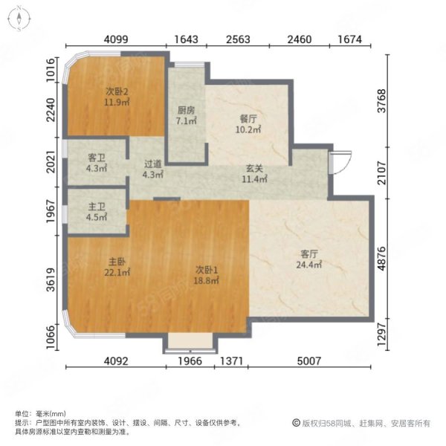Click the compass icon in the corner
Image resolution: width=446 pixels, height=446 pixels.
tap(19, 19)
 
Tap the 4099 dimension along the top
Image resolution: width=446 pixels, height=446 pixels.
tap(116, 39)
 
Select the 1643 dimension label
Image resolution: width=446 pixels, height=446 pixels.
tap(186, 39)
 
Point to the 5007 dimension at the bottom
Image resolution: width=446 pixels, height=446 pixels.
tap(309, 361)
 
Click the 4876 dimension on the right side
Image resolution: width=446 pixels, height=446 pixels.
tap(381, 259)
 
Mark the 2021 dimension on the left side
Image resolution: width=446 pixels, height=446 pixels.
tap(51, 161)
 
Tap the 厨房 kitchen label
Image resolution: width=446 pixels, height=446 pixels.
tap(186, 110)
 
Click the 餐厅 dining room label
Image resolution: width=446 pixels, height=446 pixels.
tap(248, 119)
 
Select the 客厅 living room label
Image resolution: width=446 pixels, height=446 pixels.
tap(309, 253)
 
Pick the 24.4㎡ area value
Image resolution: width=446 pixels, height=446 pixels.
tap(309, 265)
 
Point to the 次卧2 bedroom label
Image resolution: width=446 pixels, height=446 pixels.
tap(117, 91)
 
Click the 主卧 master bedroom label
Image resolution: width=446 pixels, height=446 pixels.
tap(117, 262)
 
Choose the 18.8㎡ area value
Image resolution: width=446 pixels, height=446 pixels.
tap(206, 281)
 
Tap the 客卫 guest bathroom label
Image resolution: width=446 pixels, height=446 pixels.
tap(97, 158)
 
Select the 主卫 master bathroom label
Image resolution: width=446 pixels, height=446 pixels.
tap(97, 207)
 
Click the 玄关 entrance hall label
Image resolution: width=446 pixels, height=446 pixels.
tap(254, 169)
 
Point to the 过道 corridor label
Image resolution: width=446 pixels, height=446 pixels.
tap(152, 164)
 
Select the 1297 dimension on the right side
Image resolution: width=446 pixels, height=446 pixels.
tap(381, 334)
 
